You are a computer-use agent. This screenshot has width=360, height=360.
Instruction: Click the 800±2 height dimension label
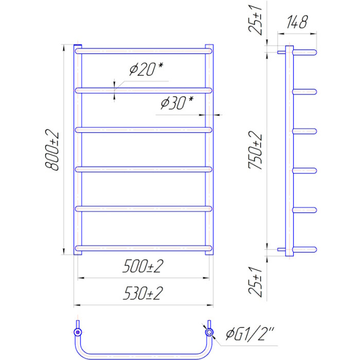[x=52, y=150]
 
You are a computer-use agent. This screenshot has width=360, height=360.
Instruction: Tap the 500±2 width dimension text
[x=143, y=266]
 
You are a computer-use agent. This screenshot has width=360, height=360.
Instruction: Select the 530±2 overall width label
[x=143, y=293]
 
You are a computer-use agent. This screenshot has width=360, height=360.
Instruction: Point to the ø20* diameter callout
[x=146, y=69]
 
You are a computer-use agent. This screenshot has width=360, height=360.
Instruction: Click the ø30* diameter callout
[x=177, y=103]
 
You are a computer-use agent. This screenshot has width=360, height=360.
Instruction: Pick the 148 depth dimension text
[x=297, y=22]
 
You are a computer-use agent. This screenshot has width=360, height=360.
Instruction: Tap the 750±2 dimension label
[x=255, y=150]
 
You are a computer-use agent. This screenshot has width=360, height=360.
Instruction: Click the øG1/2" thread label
[x=250, y=334]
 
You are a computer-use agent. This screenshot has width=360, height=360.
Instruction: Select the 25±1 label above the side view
[x=255, y=20]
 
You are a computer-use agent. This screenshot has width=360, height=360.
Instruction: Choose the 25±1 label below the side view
[x=255, y=282]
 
